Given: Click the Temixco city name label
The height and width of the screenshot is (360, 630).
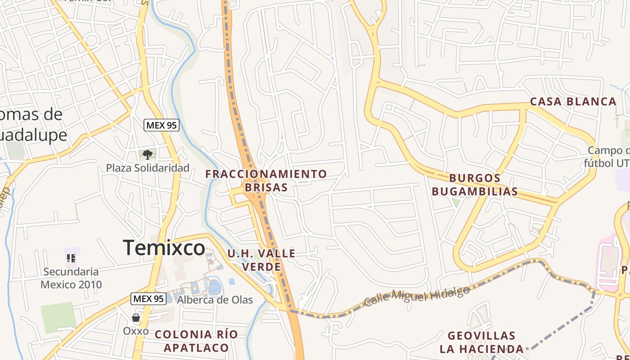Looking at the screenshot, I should tap(164, 248).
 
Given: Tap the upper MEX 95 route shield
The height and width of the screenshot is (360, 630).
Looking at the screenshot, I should tap(161, 125).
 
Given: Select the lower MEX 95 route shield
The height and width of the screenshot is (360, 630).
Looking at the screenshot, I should tap(148, 298).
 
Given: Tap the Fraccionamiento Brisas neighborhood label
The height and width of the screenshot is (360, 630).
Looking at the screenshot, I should tap(266, 180).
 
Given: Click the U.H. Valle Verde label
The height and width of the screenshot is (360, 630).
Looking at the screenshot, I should tap(261, 260).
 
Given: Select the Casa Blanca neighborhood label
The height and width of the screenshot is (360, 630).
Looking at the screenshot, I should tap(573, 102).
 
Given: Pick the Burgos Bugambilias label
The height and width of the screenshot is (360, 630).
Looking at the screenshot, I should tap(475, 185).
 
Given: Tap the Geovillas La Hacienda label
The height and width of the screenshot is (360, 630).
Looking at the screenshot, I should tap(481, 342).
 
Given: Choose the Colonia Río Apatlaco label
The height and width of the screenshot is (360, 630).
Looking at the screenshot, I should tap(196, 341).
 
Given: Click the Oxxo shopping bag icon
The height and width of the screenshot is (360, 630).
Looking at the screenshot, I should tap(136, 318).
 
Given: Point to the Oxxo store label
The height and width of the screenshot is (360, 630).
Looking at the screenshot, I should tap(136, 331).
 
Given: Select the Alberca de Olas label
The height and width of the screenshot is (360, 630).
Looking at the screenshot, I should tap(215, 300).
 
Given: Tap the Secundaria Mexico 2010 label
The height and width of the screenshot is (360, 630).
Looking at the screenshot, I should tap(71, 278).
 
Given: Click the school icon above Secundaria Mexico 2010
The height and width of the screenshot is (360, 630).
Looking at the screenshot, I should tap(71, 258).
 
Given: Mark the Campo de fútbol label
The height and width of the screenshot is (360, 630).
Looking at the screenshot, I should tap(608, 156).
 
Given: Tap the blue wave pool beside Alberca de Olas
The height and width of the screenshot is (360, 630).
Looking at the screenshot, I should tap(215, 286).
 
